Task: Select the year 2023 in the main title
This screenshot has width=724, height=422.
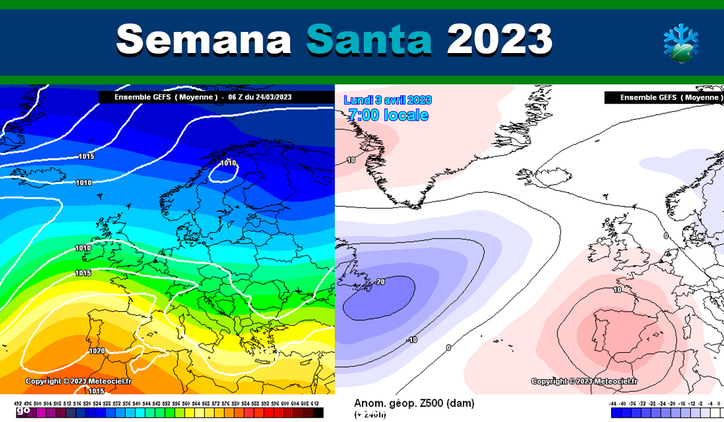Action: click(x=500, y=40)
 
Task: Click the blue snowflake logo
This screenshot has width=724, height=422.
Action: click(x=681, y=42)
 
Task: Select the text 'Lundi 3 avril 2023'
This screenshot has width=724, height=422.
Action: click(x=387, y=100)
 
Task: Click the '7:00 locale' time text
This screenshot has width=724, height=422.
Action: click(x=388, y=115)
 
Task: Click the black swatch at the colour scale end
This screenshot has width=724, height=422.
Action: click(x=318, y=413)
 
